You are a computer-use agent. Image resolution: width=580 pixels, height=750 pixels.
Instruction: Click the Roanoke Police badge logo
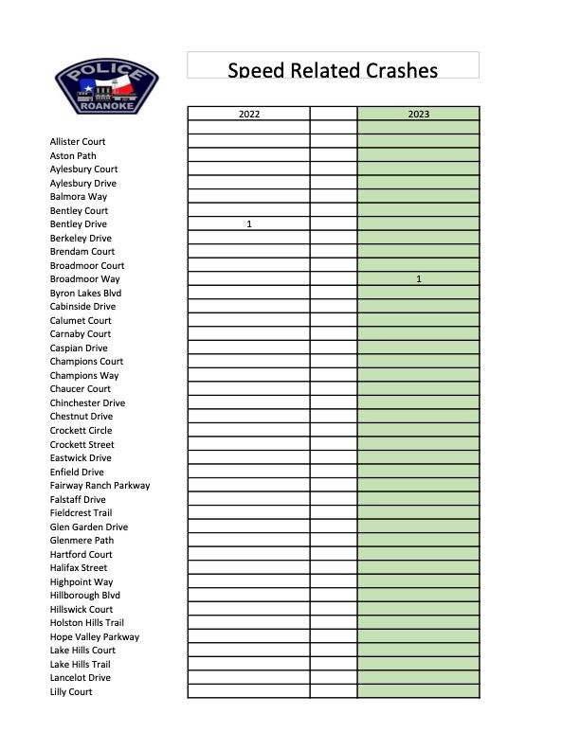pyautogui.click(x=106, y=86)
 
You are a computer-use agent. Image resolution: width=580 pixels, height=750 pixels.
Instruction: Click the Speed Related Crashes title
pyautogui.click(x=333, y=70)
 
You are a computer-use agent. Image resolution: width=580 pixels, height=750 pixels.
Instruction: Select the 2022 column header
pyautogui.click(x=249, y=114)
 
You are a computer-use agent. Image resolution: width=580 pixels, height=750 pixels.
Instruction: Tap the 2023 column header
pyautogui.click(x=419, y=114)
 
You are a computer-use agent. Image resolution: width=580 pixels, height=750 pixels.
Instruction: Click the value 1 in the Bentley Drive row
pyautogui.click(x=249, y=224)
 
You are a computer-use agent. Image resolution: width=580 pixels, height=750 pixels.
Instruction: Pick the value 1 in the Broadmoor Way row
pyautogui.click(x=419, y=279)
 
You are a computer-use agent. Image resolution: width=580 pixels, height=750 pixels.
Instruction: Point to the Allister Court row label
pyautogui.click(x=78, y=142)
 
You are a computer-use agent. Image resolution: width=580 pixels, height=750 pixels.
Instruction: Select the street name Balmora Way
pyautogui.click(x=79, y=197)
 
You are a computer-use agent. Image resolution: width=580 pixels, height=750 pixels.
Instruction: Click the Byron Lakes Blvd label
pyautogui.click(x=85, y=294)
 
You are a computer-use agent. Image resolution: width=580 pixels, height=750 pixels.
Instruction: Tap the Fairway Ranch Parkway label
pyautogui.click(x=100, y=486)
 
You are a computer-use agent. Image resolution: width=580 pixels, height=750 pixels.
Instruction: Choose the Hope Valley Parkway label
pyautogui.click(x=95, y=637)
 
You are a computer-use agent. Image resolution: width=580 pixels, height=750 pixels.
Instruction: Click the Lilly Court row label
pyautogui.click(x=71, y=692)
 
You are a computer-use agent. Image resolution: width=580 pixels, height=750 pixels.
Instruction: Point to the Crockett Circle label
pyautogui.click(x=81, y=431)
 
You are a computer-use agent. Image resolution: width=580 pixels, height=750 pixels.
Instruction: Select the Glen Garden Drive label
pyautogui.click(x=89, y=527)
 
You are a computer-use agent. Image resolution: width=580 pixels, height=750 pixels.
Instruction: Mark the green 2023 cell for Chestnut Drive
pyautogui.click(x=419, y=417)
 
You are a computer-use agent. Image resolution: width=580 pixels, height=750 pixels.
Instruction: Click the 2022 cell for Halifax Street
pyautogui.click(x=249, y=568)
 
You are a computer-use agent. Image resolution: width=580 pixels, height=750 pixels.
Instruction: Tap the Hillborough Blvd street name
pyautogui.click(x=85, y=596)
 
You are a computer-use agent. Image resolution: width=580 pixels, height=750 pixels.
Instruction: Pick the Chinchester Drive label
pyautogui.click(x=87, y=403)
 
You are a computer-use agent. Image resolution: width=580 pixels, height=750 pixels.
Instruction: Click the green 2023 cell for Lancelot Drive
pyautogui.click(x=419, y=678)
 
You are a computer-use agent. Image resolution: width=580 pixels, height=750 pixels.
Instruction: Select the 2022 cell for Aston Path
pyautogui.click(x=249, y=155)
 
